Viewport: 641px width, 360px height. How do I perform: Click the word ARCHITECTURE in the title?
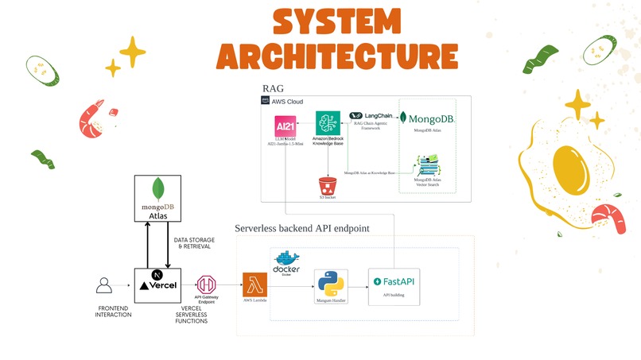(336, 56)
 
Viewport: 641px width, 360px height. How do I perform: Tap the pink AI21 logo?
(285, 126)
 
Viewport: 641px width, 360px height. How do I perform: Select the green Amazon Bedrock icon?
(328, 123)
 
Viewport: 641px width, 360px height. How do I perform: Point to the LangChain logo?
(376, 116)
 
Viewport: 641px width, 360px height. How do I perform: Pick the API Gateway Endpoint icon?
(207, 285)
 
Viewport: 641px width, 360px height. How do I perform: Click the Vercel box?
(159, 284)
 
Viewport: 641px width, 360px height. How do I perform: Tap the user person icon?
(103, 285)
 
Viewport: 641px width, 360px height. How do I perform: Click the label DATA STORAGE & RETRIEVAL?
(192, 243)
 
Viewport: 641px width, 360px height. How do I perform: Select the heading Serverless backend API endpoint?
(302, 229)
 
